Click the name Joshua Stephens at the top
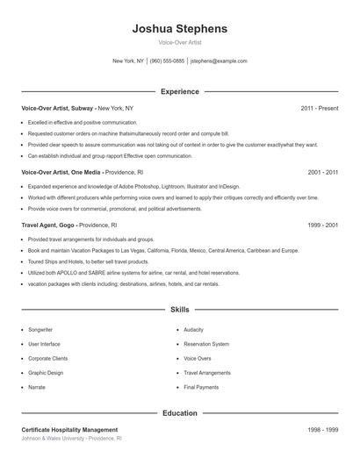[179, 28]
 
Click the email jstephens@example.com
[219, 61]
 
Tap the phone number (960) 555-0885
[167, 61]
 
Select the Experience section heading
[179, 91]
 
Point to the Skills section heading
[179, 310]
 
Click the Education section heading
[179, 412]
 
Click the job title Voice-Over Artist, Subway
[58, 108]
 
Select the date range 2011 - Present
[319, 108]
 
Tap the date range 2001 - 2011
[322, 173]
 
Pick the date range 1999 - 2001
[322, 225]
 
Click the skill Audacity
[193, 329]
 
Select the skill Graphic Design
[46, 372]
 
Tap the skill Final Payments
[201, 386]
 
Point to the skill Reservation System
[206, 344]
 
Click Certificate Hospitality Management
[69, 430]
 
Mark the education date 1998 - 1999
[322, 430]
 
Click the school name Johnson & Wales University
[58, 438]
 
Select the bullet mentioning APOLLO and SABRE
[121, 273]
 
